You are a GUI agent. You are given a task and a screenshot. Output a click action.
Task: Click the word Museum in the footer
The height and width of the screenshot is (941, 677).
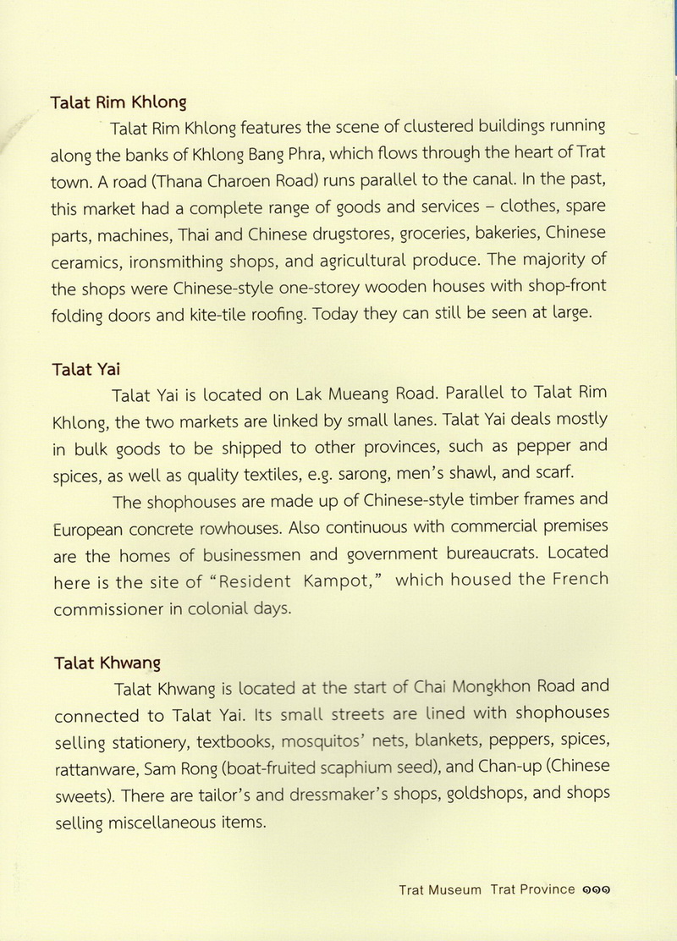pos(454,889)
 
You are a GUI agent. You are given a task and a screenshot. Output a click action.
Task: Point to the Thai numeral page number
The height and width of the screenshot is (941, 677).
pos(597,890)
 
